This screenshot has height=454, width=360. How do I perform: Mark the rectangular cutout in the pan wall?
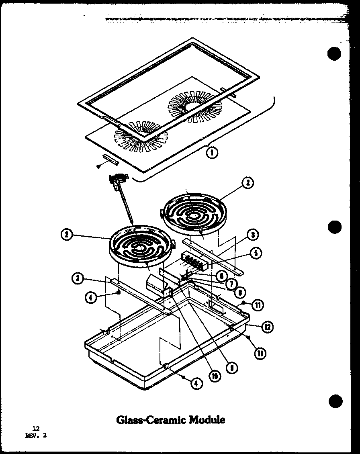[x=217, y=309]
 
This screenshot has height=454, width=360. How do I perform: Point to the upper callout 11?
[x=258, y=305]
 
